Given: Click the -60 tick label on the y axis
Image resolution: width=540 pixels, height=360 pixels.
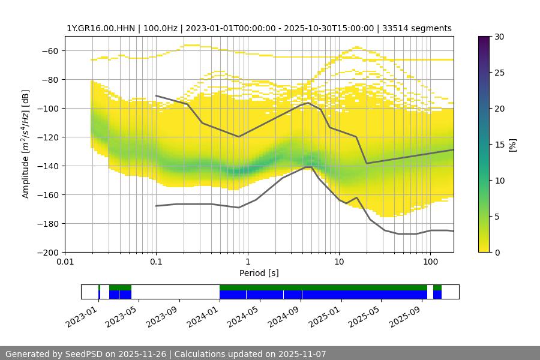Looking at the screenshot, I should point(49,50).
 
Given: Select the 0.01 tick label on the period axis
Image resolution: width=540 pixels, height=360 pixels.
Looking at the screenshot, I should point(65,262).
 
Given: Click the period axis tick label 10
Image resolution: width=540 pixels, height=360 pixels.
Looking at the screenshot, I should point(339,262).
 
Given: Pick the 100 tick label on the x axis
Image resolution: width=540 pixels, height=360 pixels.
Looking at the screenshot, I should point(430,262).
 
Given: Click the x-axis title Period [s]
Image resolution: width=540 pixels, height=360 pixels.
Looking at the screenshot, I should point(259,273).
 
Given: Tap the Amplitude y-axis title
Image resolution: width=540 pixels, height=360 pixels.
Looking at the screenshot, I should point(25,144).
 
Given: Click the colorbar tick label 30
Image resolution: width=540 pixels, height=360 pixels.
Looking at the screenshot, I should point(499,37).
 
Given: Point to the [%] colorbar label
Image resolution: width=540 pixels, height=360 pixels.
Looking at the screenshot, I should point(512,145).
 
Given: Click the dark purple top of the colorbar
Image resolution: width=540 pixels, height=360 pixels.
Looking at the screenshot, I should point(484,40).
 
